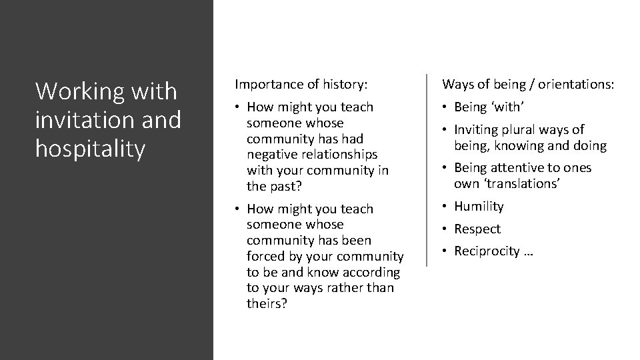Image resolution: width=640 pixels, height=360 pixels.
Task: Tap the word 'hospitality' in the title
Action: click(90, 149)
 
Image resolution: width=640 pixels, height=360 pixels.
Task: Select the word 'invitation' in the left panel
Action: click(83, 120)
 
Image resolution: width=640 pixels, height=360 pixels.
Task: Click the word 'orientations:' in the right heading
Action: click(577, 84)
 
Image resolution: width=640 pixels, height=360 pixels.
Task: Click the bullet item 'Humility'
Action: click(479, 207)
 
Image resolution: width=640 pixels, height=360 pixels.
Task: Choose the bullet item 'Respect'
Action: click(477, 229)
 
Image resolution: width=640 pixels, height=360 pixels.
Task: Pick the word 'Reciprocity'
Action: click(487, 251)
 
